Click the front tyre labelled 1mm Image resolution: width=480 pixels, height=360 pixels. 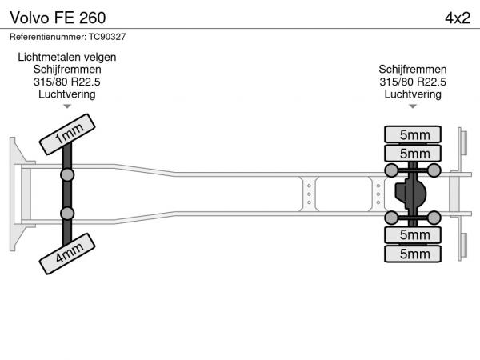point(67,134)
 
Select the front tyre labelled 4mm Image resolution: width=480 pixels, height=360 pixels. point(67,254)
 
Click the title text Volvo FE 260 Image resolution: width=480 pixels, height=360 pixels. point(58,18)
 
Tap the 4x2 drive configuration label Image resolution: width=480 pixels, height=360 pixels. point(458,18)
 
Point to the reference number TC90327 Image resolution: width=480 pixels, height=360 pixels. point(107,37)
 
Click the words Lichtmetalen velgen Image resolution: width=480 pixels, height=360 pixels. point(67,57)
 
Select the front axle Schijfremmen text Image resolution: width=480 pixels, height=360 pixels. point(67,70)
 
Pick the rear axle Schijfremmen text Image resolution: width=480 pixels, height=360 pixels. point(413,70)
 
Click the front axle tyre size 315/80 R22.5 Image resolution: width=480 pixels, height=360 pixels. point(67,82)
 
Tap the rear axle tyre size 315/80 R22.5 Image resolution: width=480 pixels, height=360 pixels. point(413,82)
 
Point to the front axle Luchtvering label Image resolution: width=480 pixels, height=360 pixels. point(67,94)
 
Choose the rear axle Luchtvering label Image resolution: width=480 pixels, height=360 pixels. point(413,94)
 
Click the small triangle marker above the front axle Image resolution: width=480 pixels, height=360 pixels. point(67,106)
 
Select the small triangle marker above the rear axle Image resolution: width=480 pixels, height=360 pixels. point(413,106)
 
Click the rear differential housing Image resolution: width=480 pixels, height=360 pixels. point(410,194)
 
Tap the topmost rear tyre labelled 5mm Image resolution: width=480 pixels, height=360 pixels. point(413,134)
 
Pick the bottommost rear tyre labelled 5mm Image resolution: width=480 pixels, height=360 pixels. point(413,254)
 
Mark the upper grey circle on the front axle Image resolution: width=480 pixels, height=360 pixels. point(67,175)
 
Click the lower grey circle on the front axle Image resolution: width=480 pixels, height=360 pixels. point(67,214)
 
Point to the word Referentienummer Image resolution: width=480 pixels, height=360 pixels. point(48,37)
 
